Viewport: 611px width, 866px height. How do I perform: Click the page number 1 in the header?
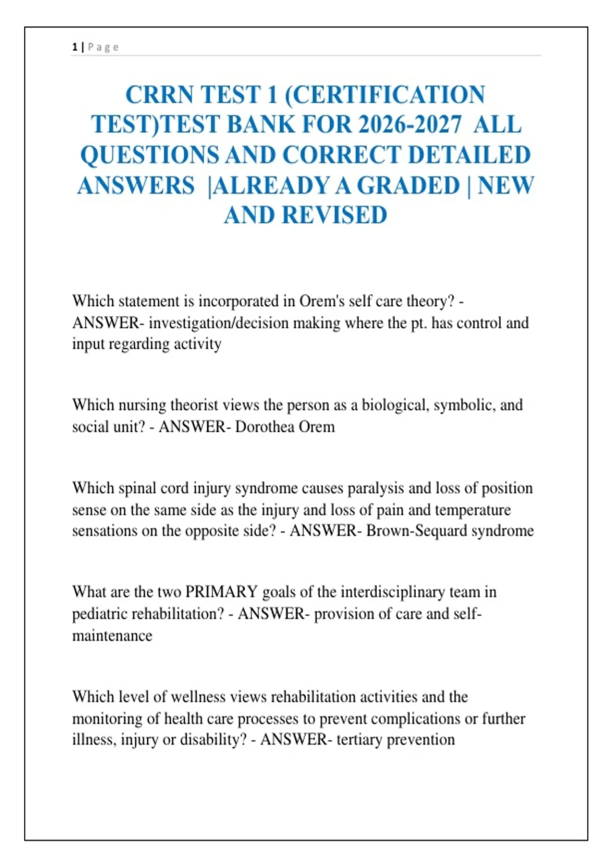75,47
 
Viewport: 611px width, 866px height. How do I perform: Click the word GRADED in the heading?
408,185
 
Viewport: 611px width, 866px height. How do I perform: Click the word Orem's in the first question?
322,301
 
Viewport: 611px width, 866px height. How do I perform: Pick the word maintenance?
112,636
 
